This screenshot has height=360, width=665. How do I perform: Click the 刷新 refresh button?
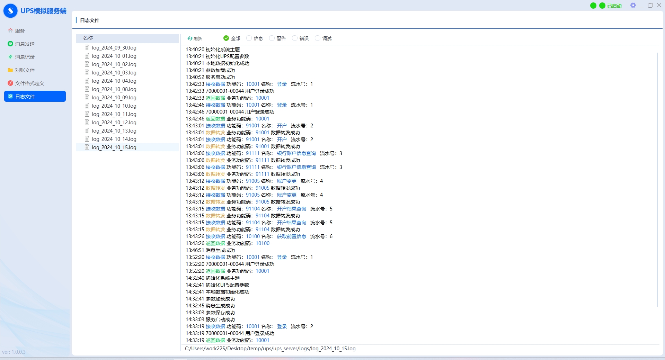(195, 38)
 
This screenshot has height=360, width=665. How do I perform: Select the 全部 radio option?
(226, 38)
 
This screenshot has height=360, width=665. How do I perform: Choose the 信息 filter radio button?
(249, 38)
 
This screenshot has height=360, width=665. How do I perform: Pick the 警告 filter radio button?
(272, 38)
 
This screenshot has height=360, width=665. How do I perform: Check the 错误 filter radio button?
(295, 38)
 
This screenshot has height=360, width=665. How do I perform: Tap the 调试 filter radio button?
(318, 38)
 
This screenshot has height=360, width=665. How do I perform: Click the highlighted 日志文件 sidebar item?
(35, 96)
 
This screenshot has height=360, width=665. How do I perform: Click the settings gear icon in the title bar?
(633, 5)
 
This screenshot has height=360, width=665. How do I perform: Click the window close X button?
(659, 5)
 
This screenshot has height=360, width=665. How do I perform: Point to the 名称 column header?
(88, 38)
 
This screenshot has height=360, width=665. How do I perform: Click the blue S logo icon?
(10, 11)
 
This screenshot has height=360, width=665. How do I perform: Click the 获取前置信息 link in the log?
(292, 236)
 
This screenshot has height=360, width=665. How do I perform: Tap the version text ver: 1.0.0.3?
(14, 352)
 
